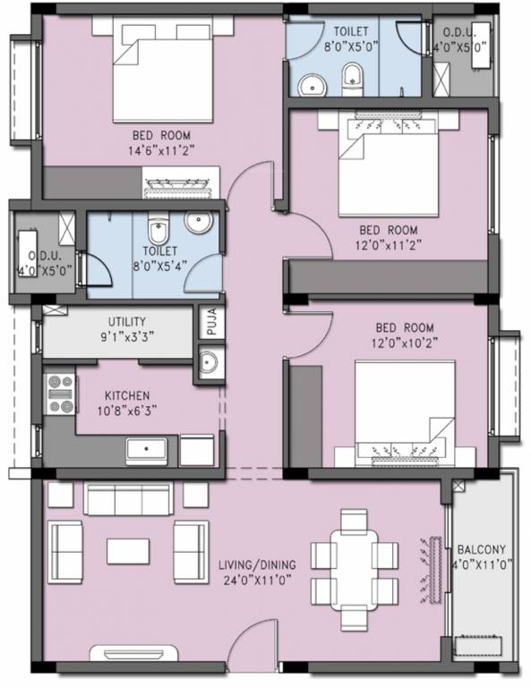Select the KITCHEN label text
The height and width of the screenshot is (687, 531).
pos(127,395)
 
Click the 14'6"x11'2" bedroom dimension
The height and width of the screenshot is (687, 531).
pos(162,150)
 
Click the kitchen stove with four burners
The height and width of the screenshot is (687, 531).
pos(59,394)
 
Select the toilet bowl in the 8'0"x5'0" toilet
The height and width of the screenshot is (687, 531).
pos(351,79)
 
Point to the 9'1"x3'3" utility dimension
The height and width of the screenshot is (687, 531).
pos(126,338)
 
